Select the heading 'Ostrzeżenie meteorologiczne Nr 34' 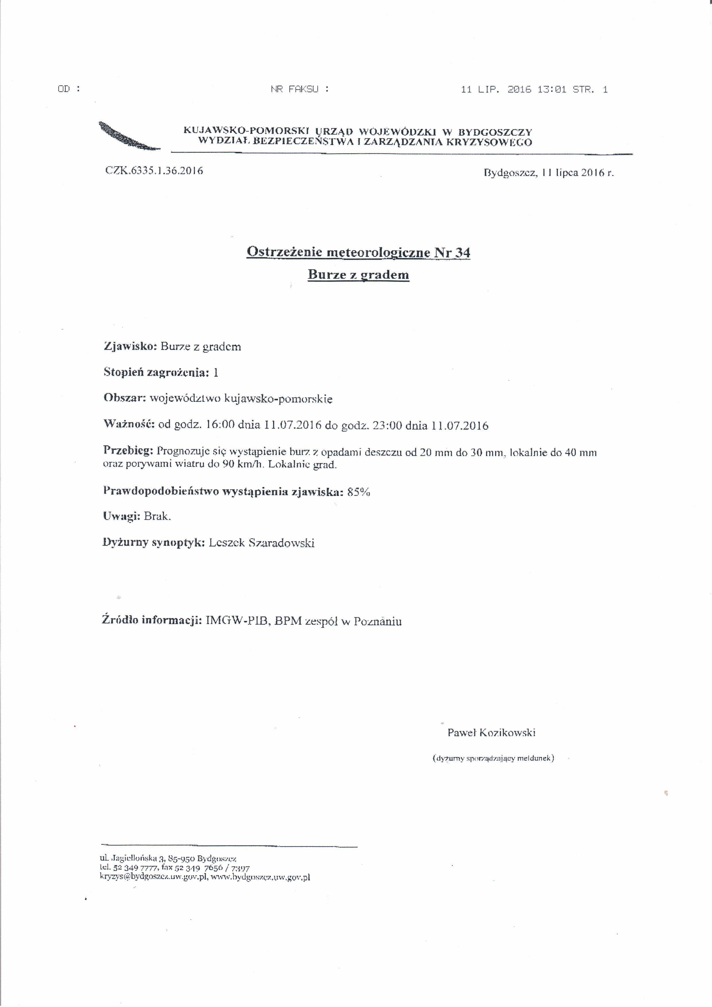[x=358, y=253]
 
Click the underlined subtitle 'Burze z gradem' [x=358, y=275]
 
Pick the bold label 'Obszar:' [x=125, y=398]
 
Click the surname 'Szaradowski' [x=281, y=543]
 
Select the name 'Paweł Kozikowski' [x=491, y=733]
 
